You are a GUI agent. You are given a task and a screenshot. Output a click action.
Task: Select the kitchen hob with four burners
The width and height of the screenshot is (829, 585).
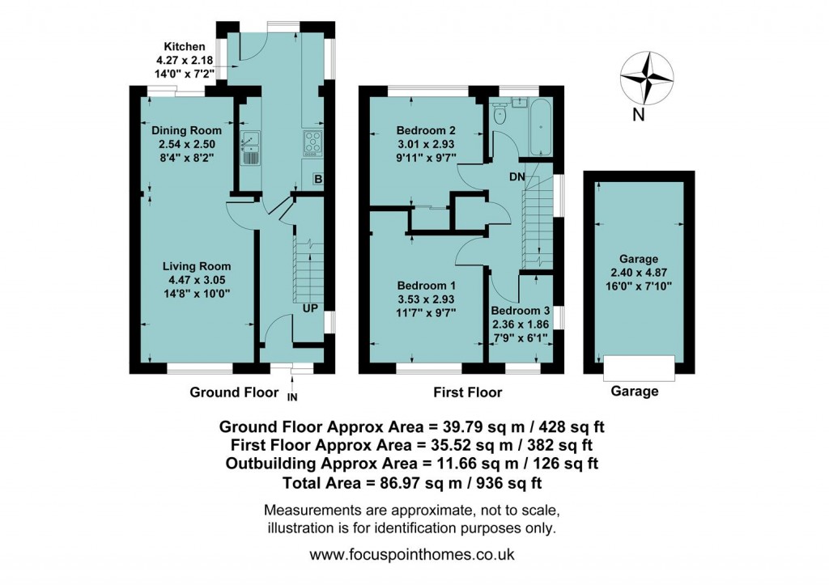pyautogui.click(x=312, y=143)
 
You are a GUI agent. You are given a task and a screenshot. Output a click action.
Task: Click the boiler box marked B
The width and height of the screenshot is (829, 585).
pyautogui.click(x=318, y=178)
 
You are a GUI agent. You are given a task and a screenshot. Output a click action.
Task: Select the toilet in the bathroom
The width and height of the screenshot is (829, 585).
pyautogui.click(x=500, y=116)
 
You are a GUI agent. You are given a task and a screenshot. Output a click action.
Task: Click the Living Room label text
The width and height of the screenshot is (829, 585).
pyautogui.click(x=197, y=266)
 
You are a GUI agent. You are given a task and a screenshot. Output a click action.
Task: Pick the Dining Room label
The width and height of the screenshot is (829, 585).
pyautogui.click(x=187, y=130)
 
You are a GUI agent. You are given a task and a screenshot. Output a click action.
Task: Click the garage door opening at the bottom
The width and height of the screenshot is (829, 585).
pyautogui.click(x=639, y=368)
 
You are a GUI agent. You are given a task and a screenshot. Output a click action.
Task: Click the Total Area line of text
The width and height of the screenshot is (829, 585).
pyautogui.click(x=411, y=483)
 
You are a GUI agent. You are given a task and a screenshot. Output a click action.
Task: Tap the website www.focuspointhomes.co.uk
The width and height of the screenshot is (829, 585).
pyautogui.click(x=412, y=556)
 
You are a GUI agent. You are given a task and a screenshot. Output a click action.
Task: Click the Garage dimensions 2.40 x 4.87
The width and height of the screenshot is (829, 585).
pyautogui.click(x=639, y=273)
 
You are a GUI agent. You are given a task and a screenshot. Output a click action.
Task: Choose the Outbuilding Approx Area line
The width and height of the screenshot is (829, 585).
pyautogui.click(x=411, y=464)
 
